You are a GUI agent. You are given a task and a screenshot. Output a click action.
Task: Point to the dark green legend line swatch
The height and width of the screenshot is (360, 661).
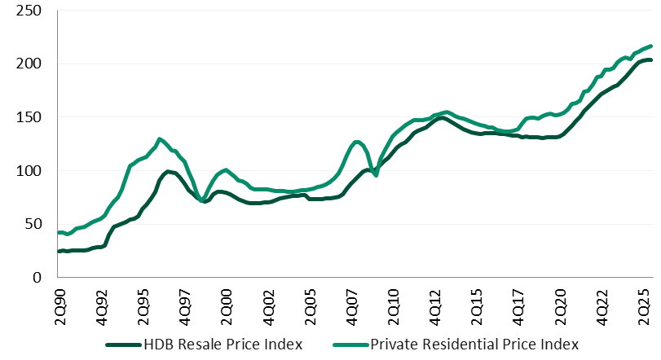[126, 344]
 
